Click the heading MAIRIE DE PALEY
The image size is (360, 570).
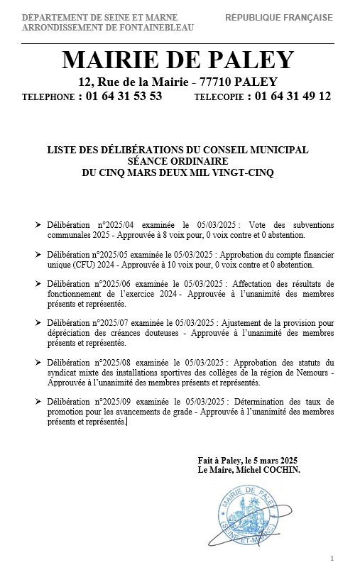tap(177, 60)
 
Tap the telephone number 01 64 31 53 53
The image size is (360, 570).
tap(124, 97)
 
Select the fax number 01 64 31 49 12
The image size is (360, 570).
tap(293, 97)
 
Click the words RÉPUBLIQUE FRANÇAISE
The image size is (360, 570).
tap(279, 18)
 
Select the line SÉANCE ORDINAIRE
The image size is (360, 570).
tap(178, 161)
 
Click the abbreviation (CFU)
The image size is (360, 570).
tap(87, 265)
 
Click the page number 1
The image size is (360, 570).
tap(332, 558)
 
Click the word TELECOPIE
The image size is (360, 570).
tap(217, 97)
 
